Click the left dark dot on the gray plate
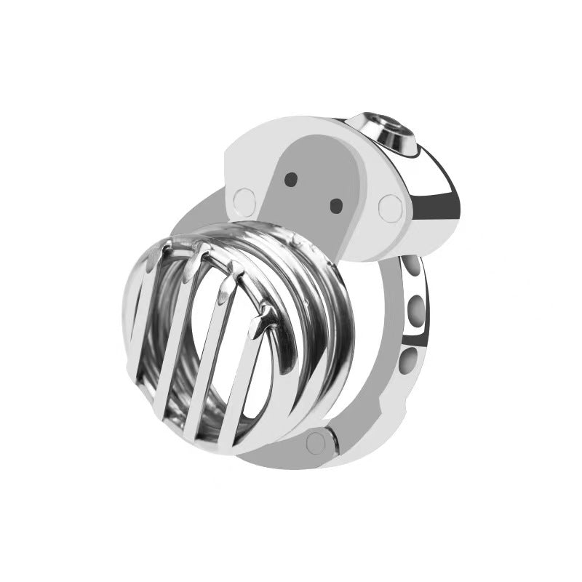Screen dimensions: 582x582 tap(291, 177)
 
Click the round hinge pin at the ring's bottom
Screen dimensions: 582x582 tap(315, 441)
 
